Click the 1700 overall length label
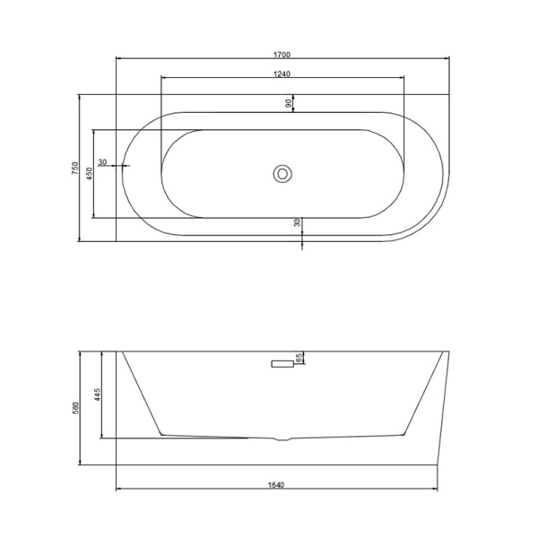(282, 55)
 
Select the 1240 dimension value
(282, 74)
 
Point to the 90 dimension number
(289, 103)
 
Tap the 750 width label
(75, 169)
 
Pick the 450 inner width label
(89, 174)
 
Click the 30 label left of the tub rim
(102, 162)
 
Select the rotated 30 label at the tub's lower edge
(297, 222)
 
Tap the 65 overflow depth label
(299, 358)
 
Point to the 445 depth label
(98, 395)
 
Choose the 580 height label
(75, 408)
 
